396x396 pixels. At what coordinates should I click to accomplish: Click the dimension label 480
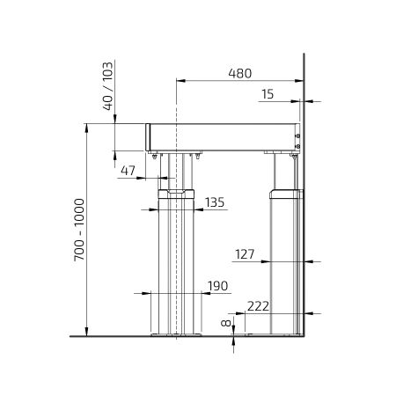click(240, 73)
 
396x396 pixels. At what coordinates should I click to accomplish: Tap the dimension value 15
click(268, 94)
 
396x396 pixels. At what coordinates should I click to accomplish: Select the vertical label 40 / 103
click(107, 86)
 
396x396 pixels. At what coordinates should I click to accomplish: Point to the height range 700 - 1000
click(79, 230)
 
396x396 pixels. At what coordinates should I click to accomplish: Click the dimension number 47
click(128, 170)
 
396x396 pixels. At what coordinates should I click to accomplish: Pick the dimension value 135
click(215, 202)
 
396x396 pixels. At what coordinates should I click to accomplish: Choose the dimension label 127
click(245, 254)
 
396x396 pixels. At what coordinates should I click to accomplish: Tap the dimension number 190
click(217, 286)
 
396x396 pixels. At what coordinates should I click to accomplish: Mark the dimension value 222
click(258, 306)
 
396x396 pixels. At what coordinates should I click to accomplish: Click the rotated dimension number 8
click(226, 323)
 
